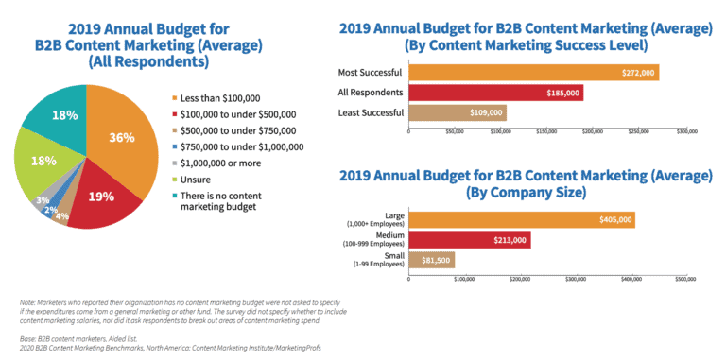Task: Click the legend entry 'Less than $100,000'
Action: [x=224, y=97]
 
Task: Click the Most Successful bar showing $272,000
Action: [x=533, y=73]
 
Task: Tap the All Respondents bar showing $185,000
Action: [x=495, y=93]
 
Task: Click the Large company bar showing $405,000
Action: [x=521, y=219]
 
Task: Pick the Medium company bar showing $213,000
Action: [x=469, y=240]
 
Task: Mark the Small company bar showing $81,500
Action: [x=431, y=260]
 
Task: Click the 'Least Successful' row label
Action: [x=371, y=113]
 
